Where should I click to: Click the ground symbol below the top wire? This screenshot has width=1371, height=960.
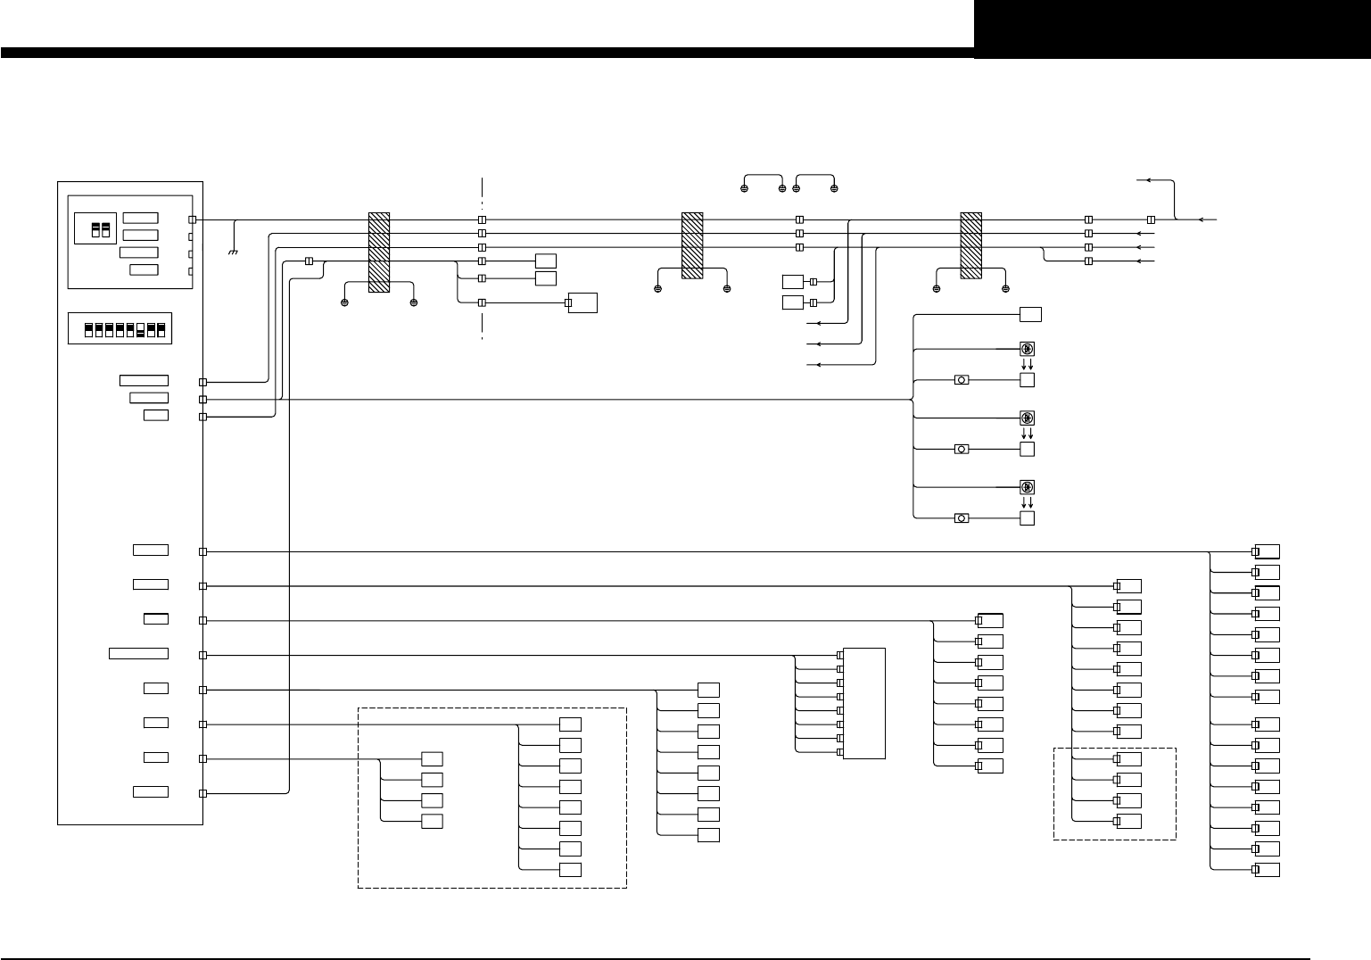tap(233, 252)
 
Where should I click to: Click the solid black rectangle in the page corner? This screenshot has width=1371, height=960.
tap(1172, 29)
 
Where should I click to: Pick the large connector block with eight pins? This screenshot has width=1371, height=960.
tap(863, 703)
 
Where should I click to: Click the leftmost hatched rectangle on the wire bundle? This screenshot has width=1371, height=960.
tap(379, 252)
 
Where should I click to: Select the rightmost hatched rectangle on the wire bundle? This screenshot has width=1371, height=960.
tap(970, 245)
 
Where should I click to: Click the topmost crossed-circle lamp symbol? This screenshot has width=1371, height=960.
tap(1027, 349)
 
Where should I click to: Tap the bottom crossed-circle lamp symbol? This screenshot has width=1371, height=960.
tap(1027, 487)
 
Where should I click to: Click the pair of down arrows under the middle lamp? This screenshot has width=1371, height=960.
tap(1027, 434)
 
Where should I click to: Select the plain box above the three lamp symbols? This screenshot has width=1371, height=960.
tap(1030, 314)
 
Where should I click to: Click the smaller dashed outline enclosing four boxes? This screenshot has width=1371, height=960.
tap(1114, 793)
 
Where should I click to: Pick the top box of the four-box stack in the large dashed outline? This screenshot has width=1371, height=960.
tap(432, 758)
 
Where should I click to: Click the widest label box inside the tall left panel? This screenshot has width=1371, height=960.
tap(138, 654)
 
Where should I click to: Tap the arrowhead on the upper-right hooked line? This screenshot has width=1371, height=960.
tap(1149, 180)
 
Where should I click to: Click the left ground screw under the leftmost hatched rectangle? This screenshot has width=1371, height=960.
tap(344, 303)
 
